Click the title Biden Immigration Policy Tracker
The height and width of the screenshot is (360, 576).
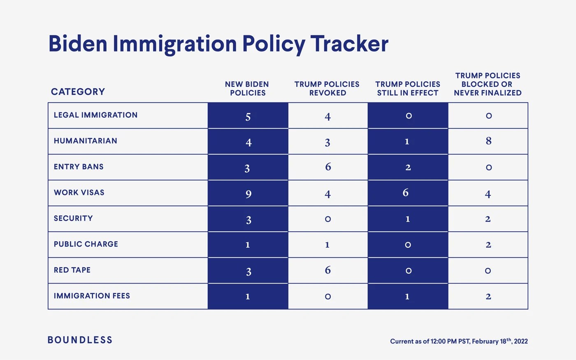218,44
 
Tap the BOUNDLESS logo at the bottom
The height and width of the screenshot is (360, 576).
80,340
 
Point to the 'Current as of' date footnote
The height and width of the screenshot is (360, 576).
459,341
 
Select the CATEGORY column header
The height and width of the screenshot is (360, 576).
78,92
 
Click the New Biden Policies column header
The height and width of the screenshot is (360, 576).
247,88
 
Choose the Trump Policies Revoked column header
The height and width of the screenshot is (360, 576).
327,88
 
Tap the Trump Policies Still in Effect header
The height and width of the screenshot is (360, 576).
408,88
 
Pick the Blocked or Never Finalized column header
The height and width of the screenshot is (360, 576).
488,84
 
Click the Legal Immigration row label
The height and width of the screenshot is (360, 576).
95,115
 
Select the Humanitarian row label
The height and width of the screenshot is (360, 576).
85,141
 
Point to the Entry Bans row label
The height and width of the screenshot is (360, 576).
79,167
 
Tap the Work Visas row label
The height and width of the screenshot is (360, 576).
79,193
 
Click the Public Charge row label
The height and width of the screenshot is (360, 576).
86,244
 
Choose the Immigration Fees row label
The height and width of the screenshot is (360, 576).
92,296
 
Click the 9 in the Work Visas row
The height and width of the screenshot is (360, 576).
248,194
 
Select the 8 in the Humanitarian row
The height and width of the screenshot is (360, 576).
488,141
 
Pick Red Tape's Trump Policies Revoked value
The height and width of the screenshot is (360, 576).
327,270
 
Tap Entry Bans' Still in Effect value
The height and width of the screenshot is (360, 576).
408,167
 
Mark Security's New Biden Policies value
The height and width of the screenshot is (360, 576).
248,220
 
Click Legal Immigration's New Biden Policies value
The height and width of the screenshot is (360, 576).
248,117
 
